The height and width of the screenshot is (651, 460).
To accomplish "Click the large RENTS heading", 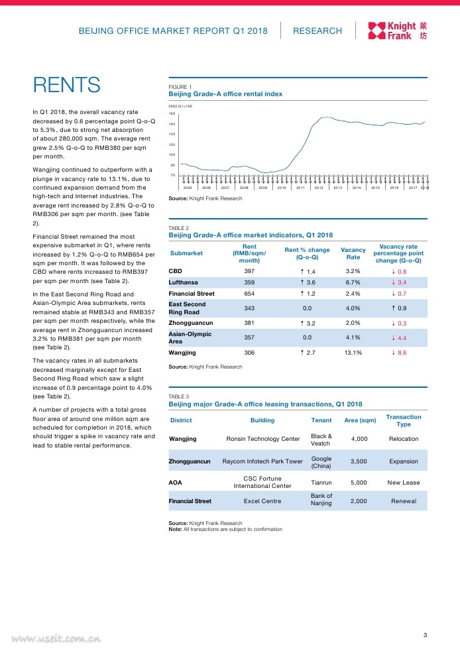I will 67,85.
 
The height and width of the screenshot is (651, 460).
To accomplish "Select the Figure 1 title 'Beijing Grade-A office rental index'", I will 225,94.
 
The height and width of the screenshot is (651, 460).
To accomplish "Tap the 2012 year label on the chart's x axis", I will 319,188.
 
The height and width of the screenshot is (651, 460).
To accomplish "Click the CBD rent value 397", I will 249,271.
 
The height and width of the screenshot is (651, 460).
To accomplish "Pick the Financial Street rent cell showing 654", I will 249,294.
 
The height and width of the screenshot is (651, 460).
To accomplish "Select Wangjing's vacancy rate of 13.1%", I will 353,353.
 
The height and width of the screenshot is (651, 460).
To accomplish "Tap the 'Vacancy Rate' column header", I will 353,253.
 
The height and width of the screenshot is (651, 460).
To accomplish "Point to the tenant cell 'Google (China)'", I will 321,461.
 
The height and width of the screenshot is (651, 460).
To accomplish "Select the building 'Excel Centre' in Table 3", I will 262,501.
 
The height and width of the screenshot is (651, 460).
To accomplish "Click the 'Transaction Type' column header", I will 403,420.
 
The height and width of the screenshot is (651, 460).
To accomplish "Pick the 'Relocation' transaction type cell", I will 403,439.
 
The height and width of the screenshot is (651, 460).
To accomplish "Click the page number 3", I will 425,635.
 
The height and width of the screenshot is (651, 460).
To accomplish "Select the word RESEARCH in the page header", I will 317,31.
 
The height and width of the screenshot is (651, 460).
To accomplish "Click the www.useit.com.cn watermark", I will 56,639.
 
